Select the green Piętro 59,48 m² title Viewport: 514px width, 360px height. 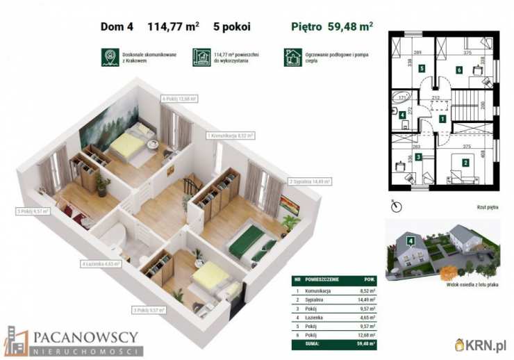tap(331, 28)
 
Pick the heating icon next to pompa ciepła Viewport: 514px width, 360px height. tap(292, 57)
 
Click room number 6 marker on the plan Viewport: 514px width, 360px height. tap(459, 69)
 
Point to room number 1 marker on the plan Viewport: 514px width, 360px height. tap(442, 120)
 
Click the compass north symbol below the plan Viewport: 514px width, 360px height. tap(395, 206)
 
